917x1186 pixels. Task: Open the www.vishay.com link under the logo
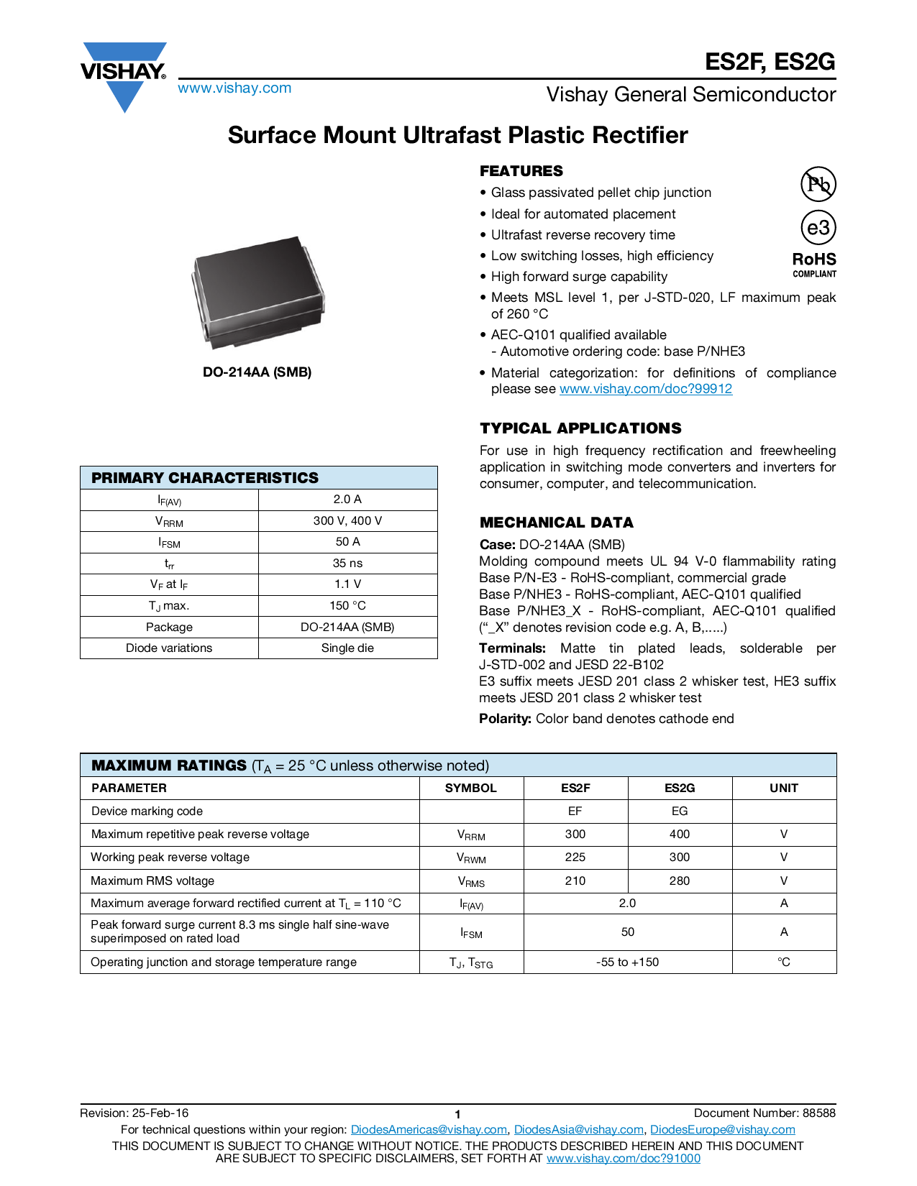(x=234, y=88)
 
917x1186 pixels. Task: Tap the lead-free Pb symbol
(x=818, y=184)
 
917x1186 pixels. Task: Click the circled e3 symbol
(x=818, y=228)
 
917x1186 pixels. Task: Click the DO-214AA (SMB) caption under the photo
(x=257, y=372)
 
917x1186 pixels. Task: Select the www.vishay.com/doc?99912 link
(x=645, y=389)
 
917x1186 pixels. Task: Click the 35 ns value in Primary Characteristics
(x=347, y=563)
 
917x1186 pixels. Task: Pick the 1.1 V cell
(x=347, y=584)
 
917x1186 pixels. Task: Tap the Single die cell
(x=347, y=648)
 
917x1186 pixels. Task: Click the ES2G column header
(x=679, y=788)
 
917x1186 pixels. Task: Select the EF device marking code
(x=575, y=811)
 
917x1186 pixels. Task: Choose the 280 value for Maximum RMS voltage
(x=679, y=881)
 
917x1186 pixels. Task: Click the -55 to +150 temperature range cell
(x=627, y=962)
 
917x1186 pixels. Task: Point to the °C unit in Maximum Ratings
(x=783, y=962)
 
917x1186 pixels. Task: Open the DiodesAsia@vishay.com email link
(x=578, y=1129)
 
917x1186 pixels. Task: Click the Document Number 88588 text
(x=765, y=1113)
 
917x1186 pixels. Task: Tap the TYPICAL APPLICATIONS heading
(x=580, y=428)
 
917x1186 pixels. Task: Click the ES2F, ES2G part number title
(x=770, y=62)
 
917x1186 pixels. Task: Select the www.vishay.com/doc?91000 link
(x=623, y=1158)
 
